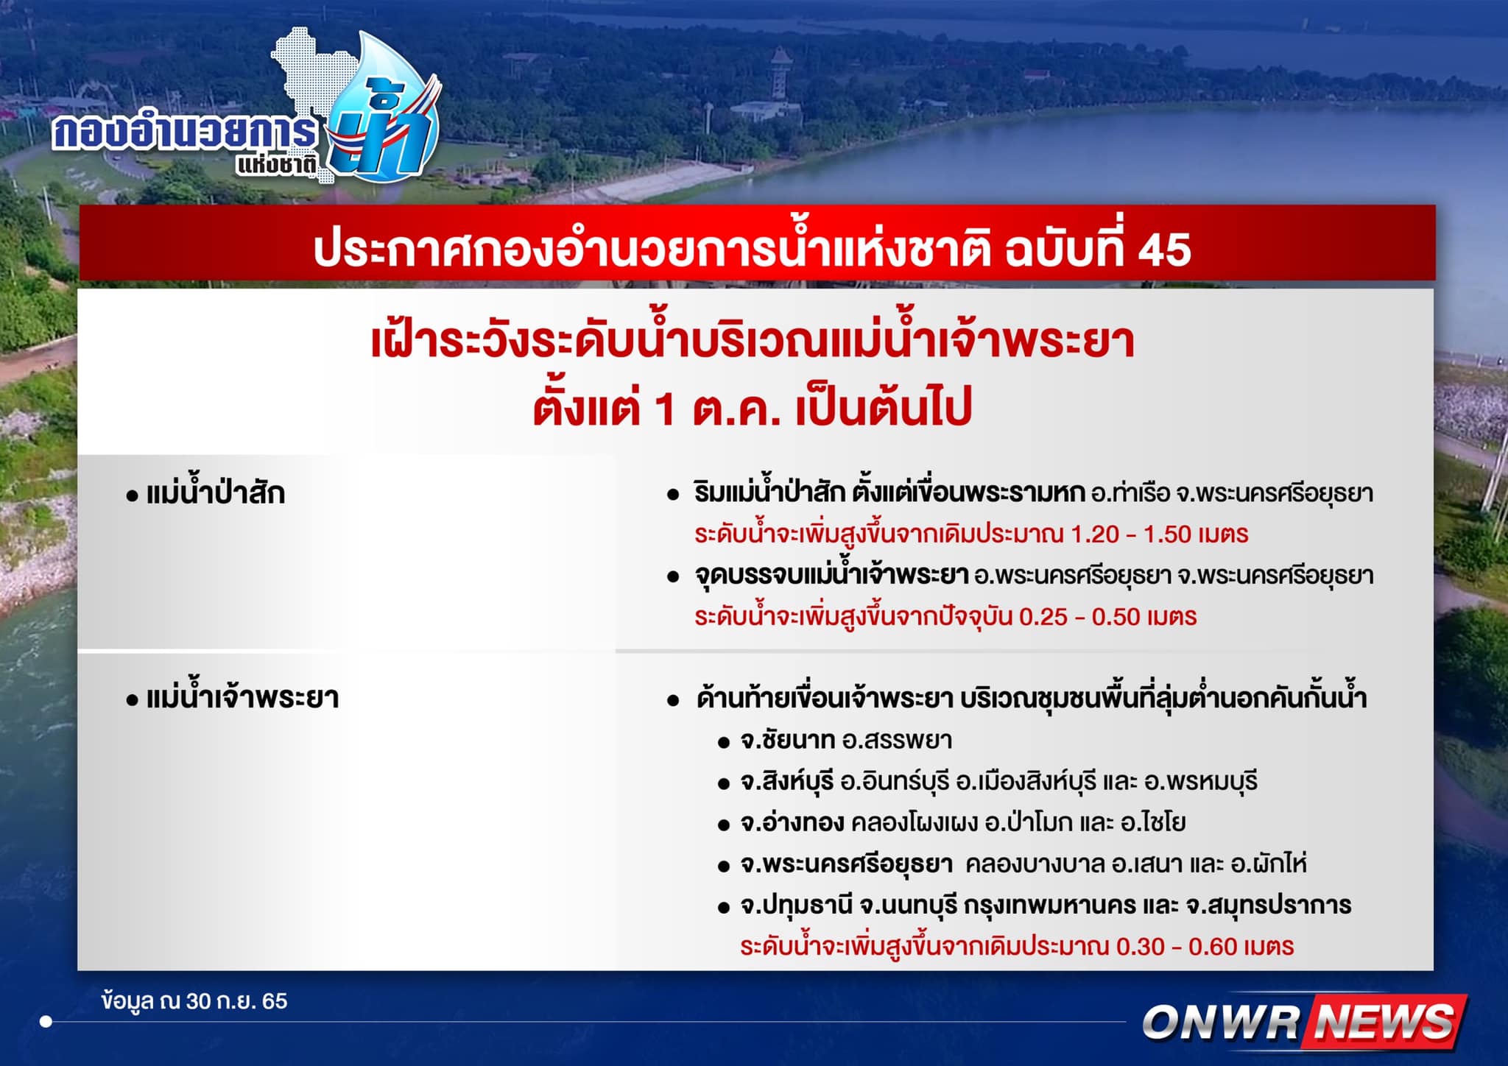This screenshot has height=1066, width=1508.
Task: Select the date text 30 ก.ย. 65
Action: tap(236, 1001)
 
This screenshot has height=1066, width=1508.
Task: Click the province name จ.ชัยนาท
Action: tap(787, 740)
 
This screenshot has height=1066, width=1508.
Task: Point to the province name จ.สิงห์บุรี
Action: tap(787, 781)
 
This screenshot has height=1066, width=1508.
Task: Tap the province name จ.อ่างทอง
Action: tap(792, 822)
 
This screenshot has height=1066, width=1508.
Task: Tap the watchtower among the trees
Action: tap(778, 74)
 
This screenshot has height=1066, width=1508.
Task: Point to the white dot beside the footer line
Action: tap(46, 1022)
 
